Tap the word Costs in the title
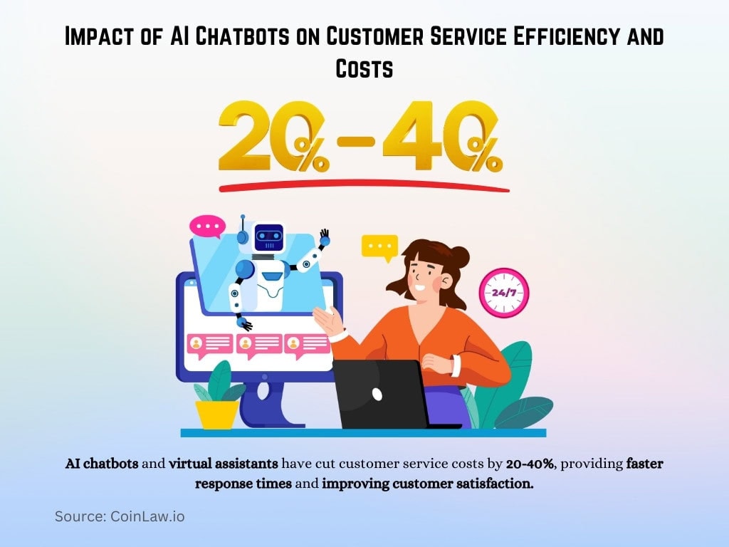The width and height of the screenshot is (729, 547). [364, 68]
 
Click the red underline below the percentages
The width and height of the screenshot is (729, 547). [364, 187]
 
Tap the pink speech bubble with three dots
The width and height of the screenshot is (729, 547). [207, 227]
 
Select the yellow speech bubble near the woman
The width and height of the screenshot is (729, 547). [379, 247]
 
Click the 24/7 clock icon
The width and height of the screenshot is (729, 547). [504, 292]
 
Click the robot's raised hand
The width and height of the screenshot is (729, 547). [325, 236]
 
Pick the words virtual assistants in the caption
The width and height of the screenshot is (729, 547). [224, 464]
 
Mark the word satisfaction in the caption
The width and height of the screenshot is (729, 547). [491, 484]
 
